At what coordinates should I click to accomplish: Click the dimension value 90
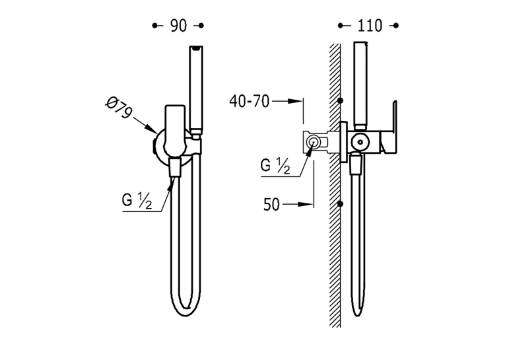coord(178,26)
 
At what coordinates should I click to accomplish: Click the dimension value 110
coord(370,26)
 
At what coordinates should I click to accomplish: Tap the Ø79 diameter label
coord(119,108)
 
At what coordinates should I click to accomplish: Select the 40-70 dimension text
coord(249,102)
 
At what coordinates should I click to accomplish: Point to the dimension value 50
coord(271,205)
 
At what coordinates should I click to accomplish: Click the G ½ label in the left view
coord(137,200)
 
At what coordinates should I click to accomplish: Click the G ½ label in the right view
coord(275,166)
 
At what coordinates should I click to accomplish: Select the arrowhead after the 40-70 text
coord(295,101)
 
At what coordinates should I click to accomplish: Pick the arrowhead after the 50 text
coord(306,204)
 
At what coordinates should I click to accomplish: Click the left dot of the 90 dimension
coord(154,26)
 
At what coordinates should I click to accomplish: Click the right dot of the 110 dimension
coord(396,26)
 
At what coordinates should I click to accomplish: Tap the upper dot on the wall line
coord(340,101)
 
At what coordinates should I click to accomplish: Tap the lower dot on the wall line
coord(340,203)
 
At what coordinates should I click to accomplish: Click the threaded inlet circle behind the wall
coord(312,142)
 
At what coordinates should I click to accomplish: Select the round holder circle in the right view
coord(360,142)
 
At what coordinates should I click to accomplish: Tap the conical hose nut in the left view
coord(176,168)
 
